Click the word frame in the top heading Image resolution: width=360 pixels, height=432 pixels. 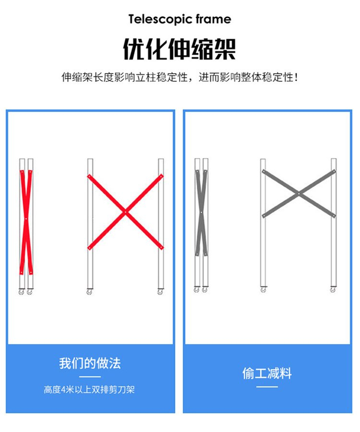[214, 19]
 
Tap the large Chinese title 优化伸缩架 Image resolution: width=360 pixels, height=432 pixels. [180, 49]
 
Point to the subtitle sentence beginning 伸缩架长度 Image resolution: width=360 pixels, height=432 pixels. [180, 77]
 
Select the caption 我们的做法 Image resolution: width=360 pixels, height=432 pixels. [90, 363]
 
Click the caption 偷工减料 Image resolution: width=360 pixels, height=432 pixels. [267, 373]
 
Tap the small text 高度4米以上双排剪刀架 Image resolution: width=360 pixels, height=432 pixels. [89, 390]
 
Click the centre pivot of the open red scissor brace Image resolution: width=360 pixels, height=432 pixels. [126, 212]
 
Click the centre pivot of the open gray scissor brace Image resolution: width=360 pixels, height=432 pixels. [299, 194]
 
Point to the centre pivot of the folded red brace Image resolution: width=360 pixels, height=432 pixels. [26, 219]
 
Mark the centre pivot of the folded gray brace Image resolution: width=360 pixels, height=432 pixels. [201, 213]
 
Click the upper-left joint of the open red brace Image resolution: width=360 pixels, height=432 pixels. [89, 176]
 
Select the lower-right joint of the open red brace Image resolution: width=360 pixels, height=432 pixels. [161, 248]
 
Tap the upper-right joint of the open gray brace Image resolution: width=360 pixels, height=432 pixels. [334, 172]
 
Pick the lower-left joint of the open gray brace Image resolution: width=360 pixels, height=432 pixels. [264, 216]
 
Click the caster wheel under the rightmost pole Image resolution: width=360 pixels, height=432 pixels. [333, 289]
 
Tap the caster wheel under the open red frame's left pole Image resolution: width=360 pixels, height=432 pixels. [89, 291]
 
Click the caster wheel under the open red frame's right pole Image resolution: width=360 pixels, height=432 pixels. [160, 291]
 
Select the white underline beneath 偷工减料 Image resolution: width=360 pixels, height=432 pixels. [267, 387]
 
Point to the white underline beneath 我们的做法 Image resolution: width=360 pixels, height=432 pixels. [90, 377]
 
